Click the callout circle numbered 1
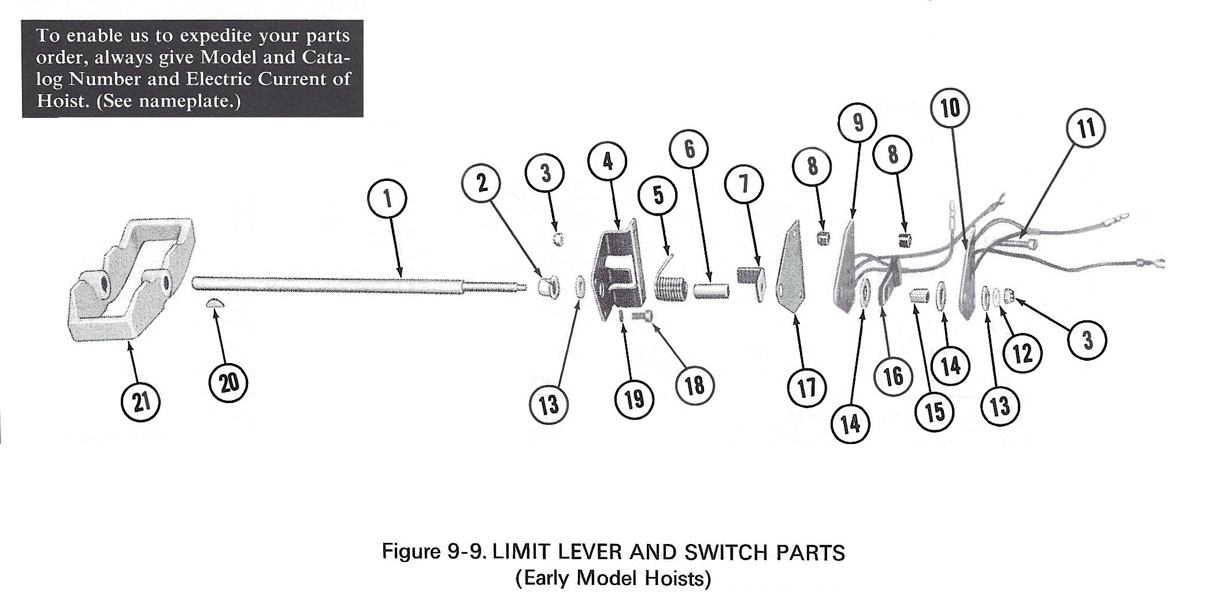pyautogui.click(x=387, y=199)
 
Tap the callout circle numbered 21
pyautogui.click(x=141, y=402)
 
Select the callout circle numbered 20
pyautogui.click(x=229, y=383)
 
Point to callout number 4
pyautogui.click(x=607, y=161)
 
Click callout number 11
pyautogui.click(x=1086, y=128)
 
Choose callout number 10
pyautogui.click(x=950, y=108)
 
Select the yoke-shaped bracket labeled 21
pyautogui.click(x=130, y=283)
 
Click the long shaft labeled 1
pyautogui.click(x=358, y=284)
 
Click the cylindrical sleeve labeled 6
pyautogui.click(x=710, y=289)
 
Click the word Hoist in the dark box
pyautogui.click(x=61, y=101)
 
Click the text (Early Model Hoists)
pyautogui.click(x=613, y=578)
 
